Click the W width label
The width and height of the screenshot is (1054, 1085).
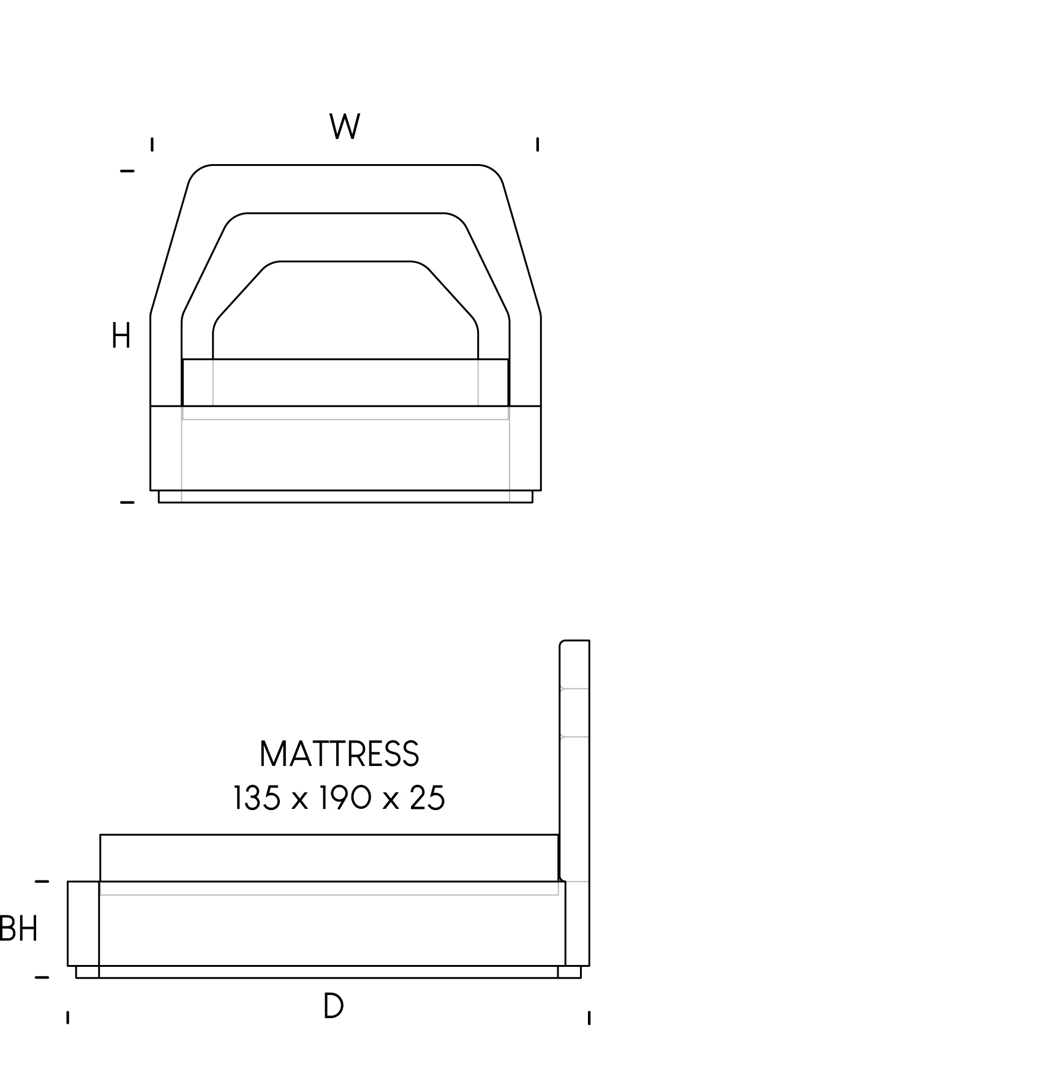345,127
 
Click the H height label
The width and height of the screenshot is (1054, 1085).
121,336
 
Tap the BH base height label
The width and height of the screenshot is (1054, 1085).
19,928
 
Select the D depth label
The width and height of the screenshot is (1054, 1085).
333,1006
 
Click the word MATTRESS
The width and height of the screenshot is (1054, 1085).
339,754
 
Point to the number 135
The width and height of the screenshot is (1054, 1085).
257,798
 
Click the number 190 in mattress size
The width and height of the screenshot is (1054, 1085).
345,798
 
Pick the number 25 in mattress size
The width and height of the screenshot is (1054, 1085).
427,798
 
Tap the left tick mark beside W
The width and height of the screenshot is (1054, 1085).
152,145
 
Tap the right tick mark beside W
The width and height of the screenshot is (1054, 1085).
538,145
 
